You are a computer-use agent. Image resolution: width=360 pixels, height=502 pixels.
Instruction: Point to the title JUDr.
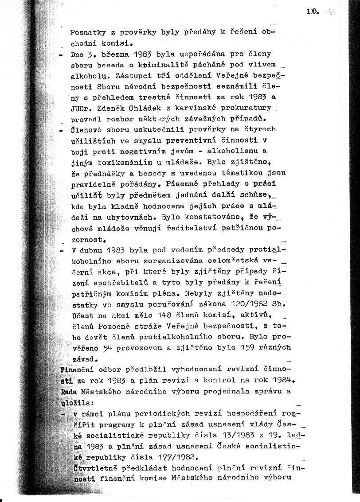(80, 108)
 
